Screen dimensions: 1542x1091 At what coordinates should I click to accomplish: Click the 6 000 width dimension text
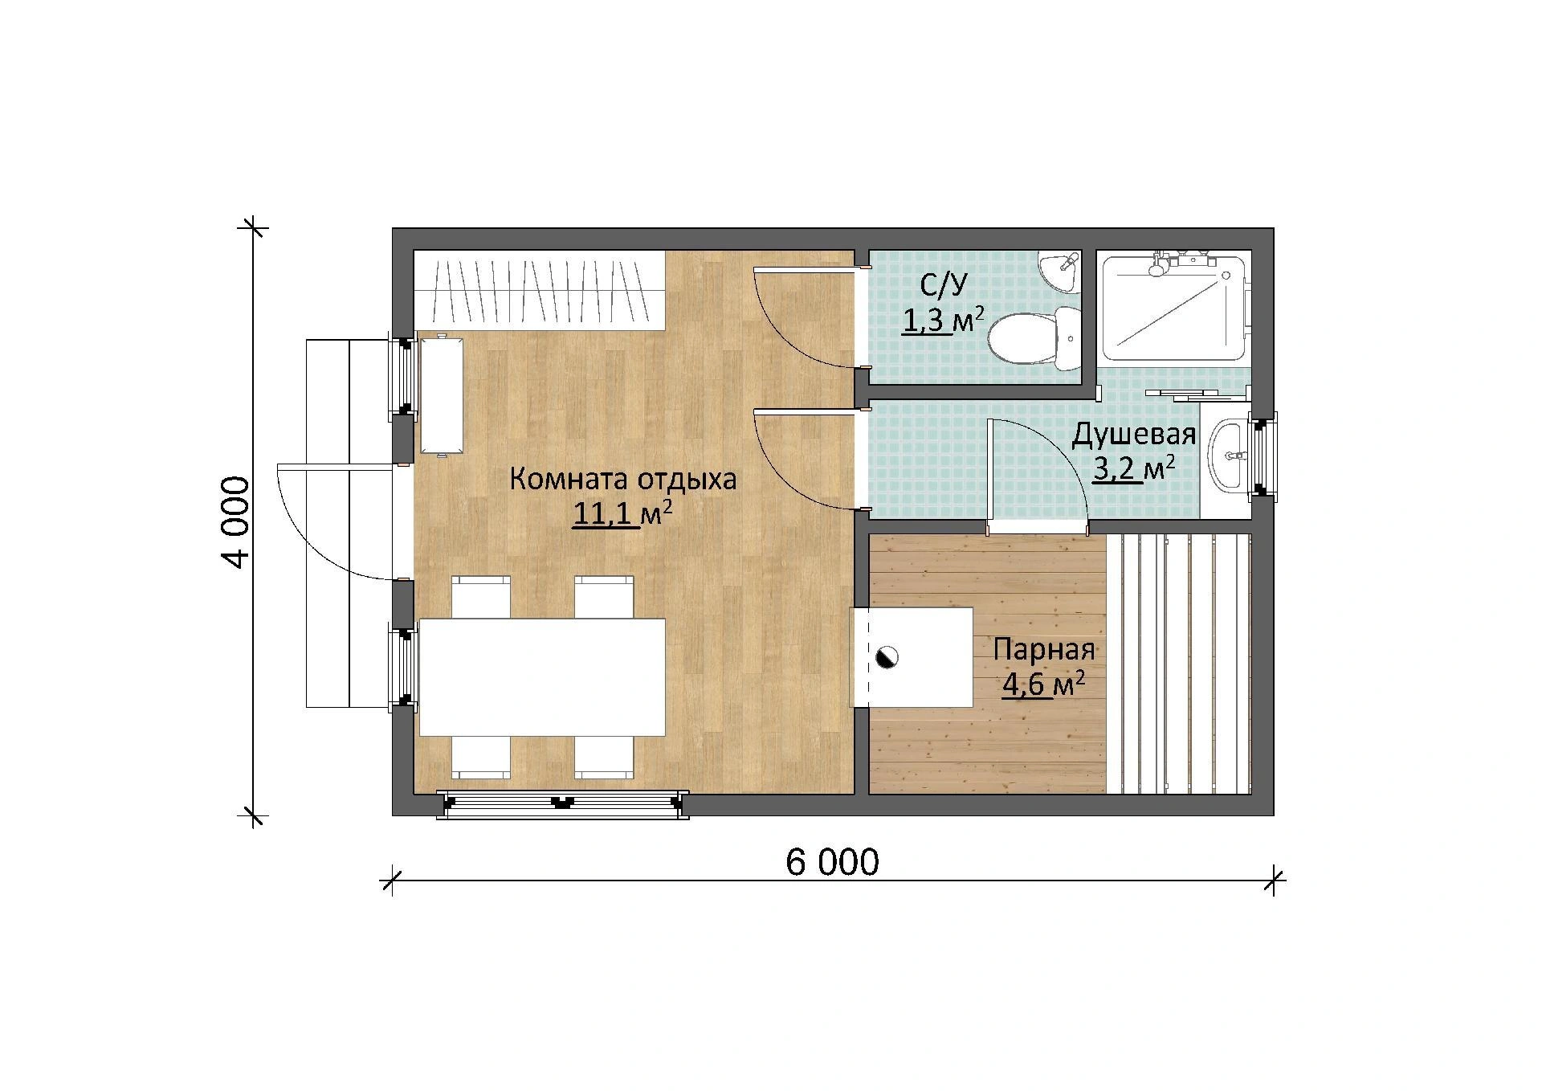point(832,863)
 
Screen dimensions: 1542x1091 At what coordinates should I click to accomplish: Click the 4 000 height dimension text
point(236,522)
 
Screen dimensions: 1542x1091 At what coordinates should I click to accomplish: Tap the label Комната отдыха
point(622,480)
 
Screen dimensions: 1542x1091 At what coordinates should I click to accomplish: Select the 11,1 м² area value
point(622,514)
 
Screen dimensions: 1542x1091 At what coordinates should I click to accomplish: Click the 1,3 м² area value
point(942,321)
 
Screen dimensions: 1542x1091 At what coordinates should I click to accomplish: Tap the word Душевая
point(1134,435)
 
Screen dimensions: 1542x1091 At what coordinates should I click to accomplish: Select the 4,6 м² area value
point(1043,684)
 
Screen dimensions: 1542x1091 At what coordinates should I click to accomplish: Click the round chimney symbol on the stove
point(887,656)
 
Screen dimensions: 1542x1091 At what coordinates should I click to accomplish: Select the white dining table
point(542,676)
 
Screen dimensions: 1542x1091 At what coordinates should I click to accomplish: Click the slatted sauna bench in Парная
point(1179,664)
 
